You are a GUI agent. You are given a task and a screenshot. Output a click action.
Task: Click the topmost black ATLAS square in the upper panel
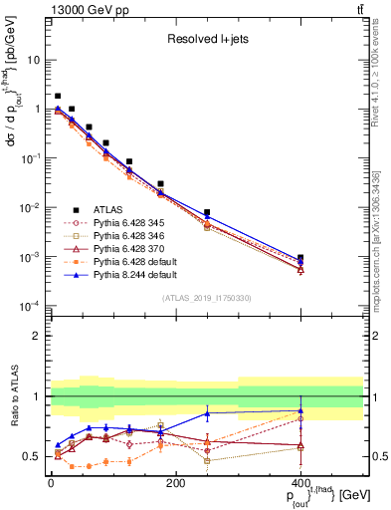(x=58, y=97)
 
